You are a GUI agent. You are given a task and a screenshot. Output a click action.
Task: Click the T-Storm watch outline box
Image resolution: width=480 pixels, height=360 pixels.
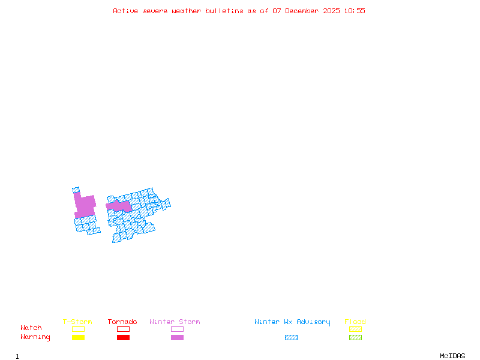78,329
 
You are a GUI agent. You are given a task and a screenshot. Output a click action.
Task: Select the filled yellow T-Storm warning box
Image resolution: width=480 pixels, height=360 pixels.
78,338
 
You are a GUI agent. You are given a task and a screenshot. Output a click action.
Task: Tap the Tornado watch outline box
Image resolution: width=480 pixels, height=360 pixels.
123,329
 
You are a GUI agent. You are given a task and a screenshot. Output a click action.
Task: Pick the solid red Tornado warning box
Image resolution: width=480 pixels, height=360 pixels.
123,338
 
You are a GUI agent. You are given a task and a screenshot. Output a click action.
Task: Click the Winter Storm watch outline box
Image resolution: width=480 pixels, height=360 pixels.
177,329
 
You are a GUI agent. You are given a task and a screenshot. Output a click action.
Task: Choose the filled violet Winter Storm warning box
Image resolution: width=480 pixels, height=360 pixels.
177,338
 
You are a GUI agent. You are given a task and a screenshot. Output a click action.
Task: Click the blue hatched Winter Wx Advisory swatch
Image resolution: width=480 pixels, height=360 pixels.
291,338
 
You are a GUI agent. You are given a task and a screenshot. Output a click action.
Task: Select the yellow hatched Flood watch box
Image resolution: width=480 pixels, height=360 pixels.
355,329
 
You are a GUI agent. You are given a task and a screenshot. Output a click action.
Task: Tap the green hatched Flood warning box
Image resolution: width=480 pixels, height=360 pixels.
355,338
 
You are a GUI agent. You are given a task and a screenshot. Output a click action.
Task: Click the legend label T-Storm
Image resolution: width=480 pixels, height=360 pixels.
77,322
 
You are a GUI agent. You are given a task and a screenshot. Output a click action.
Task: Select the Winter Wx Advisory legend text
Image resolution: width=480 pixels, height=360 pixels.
292,322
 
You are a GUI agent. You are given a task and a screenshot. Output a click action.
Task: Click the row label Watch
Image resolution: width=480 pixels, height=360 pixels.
31,328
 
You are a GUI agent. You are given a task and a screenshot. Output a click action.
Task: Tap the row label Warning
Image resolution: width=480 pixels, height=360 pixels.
35,337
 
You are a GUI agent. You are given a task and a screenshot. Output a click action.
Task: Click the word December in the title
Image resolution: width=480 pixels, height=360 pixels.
303,11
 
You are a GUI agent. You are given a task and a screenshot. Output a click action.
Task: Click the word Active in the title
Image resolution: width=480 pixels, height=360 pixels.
126,11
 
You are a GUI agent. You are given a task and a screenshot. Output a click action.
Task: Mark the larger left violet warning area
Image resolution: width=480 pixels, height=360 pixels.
85,206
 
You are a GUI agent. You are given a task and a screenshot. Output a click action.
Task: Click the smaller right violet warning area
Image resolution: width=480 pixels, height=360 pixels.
119,206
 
